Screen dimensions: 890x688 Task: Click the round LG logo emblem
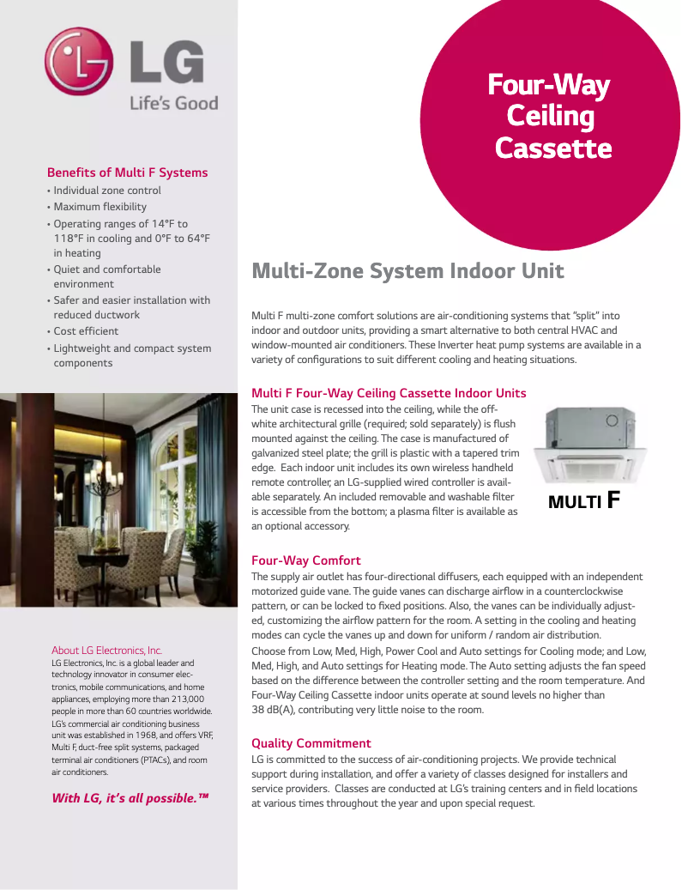click(79, 61)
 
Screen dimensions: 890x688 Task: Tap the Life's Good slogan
click(173, 103)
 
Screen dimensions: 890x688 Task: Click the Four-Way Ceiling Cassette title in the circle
click(550, 117)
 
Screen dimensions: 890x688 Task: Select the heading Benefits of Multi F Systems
click(127, 173)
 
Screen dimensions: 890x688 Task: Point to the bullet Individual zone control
click(107, 191)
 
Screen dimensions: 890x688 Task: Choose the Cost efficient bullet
click(86, 331)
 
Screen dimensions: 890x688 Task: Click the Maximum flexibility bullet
click(100, 207)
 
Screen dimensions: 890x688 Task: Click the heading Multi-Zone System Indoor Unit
click(407, 272)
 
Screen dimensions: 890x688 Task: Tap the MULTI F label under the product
click(583, 500)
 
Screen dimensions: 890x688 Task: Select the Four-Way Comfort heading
click(305, 560)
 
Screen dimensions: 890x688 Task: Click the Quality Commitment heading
click(311, 743)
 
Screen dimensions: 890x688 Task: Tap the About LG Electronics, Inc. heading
click(106, 650)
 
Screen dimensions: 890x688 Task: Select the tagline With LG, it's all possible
click(130, 798)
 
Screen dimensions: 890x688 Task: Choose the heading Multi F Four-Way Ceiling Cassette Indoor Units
click(389, 393)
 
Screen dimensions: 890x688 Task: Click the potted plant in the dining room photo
click(207, 558)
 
